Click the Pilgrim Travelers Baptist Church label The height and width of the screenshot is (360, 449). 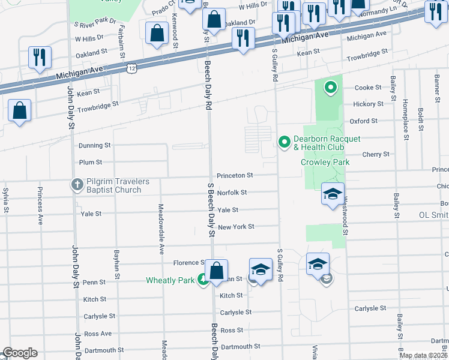tap(113, 185)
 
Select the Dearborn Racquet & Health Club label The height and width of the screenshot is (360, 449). tap(328, 143)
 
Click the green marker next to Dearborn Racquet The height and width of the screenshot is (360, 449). tap(285, 142)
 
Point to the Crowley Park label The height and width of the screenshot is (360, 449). tap(325, 162)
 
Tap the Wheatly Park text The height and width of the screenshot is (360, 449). tap(170, 280)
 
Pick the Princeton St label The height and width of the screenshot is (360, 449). tap(235, 175)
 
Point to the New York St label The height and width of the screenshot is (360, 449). tap(236, 227)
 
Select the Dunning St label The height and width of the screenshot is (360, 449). tap(95, 145)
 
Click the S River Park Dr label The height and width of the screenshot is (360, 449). tap(95, 21)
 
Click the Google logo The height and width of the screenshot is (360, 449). tap(20, 353)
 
